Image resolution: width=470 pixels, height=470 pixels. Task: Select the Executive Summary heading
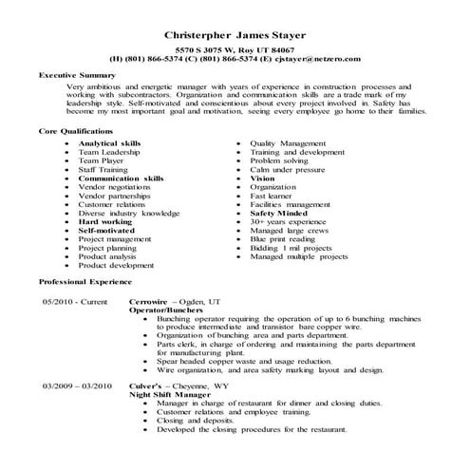click(x=77, y=73)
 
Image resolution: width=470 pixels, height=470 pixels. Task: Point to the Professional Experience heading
click(x=85, y=283)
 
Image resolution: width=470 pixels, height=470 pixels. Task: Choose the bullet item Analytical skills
click(x=109, y=142)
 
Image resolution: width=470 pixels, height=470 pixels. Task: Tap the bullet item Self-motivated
click(x=105, y=230)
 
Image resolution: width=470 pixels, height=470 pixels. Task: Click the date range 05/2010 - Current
click(x=75, y=301)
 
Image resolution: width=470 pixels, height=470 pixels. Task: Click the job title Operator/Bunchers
click(x=167, y=310)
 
